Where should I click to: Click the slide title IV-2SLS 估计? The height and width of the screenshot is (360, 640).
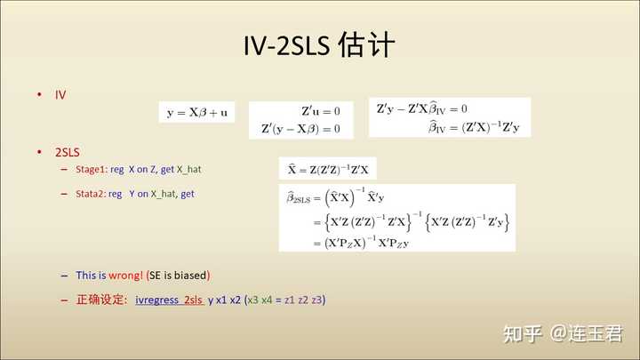319,44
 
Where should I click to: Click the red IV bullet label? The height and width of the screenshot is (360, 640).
60,95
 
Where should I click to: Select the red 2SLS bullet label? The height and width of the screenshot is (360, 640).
68,152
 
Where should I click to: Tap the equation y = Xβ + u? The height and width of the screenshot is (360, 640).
197,112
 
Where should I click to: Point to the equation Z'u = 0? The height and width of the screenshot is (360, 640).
321,111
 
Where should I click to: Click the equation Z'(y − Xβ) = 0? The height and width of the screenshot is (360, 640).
300,129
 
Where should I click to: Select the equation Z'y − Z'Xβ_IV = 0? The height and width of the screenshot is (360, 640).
421,109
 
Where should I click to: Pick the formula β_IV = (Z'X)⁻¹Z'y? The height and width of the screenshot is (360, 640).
474,127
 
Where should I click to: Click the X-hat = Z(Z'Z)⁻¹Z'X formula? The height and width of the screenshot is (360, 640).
328,169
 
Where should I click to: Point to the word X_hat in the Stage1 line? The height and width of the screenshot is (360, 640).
189,170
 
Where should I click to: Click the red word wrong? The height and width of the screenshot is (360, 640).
126,276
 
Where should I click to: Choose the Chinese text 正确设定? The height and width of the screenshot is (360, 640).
100,300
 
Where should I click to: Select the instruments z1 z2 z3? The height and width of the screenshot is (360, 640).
303,300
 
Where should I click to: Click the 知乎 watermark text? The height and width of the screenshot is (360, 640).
522,334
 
